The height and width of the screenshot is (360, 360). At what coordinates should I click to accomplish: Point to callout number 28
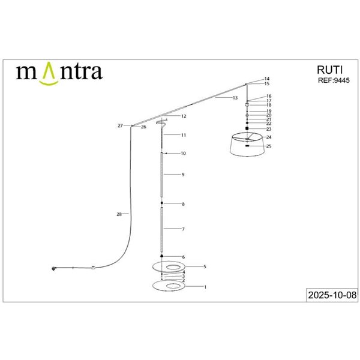(x=119, y=214)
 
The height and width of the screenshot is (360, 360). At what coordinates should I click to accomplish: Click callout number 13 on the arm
(x=235, y=97)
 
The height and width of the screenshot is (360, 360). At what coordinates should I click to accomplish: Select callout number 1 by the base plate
(x=205, y=287)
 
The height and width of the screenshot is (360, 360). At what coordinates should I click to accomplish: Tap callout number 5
(x=205, y=266)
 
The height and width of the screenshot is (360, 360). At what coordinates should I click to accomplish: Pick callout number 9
(x=183, y=175)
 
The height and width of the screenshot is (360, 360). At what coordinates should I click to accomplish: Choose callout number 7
(x=183, y=229)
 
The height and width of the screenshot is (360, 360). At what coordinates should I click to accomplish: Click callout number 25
(x=269, y=146)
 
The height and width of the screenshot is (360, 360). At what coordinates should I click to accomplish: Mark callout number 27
(x=120, y=125)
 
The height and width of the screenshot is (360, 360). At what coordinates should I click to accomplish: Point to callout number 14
(x=267, y=79)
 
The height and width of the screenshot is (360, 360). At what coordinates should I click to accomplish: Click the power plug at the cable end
(x=55, y=269)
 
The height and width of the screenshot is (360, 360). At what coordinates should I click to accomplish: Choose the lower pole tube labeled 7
(x=161, y=229)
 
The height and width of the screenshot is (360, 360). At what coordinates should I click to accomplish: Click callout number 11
(x=183, y=136)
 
